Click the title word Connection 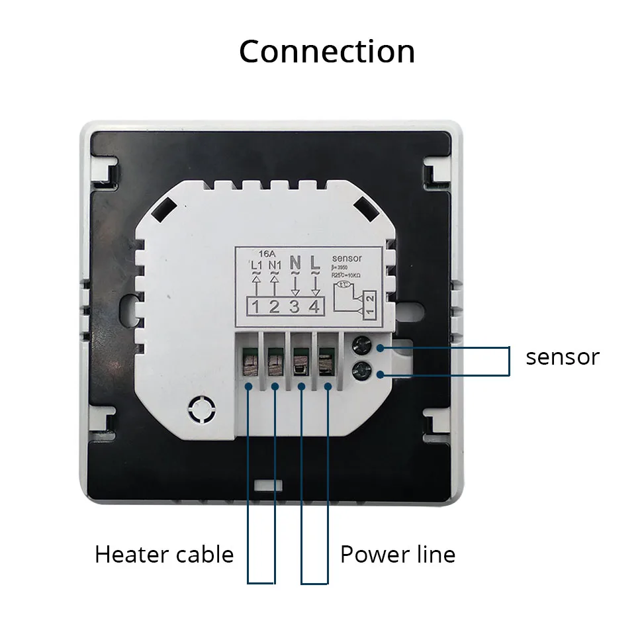pos(327,52)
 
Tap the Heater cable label pos(164,554)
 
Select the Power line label pos(398,554)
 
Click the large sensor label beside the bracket pos(563,357)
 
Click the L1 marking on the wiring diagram pos(258,265)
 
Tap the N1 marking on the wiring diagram pos(275,265)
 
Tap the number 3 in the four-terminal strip pos(296,307)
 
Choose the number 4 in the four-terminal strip pos(315,307)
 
